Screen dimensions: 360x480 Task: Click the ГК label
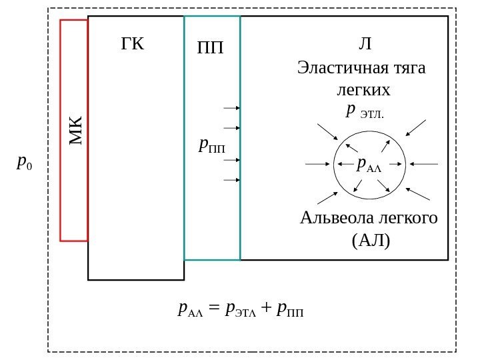coord(133,44)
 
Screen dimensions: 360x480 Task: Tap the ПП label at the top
coord(211,49)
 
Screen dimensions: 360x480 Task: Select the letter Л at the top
coord(365,45)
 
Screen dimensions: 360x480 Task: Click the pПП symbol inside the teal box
coord(213,145)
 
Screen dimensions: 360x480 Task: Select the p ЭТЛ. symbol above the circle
coord(365,111)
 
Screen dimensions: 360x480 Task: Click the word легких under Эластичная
coord(364,89)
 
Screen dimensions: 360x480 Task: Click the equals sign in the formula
coord(213,309)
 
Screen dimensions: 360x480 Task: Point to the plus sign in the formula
coord(265,309)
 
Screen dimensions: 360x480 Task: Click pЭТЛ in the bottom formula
coord(241,309)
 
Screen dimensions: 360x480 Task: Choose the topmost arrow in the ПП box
coord(231,107)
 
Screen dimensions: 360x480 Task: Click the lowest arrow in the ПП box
coord(231,180)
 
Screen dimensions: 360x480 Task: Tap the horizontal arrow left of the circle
coord(317,163)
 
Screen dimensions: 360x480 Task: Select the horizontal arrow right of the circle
coord(424,163)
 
